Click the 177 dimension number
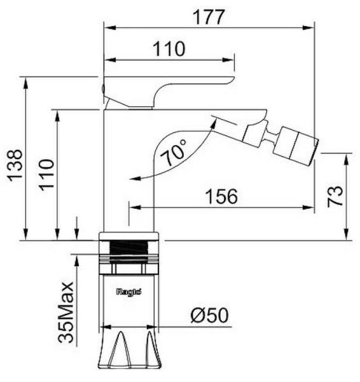pyautogui.click(x=209, y=17)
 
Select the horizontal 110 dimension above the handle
pyautogui.click(x=169, y=49)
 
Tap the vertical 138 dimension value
pyautogui.click(x=15, y=166)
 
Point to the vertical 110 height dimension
pyautogui.click(x=46, y=174)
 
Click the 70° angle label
pyautogui.click(x=174, y=152)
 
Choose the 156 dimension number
pyautogui.click(x=221, y=196)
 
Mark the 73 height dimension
pyautogui.click(x=335, y=196)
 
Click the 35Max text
pyautogui.click(x=66, y=313)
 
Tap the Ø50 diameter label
pyautogui.click(x=210, y=315)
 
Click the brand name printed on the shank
pyautogui.click(x=128, y=292)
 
